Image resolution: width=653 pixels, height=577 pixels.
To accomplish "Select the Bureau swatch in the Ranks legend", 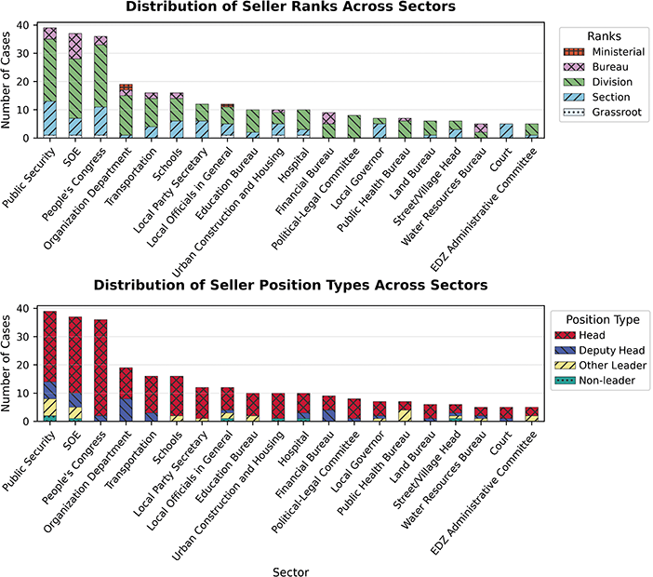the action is point(574,67).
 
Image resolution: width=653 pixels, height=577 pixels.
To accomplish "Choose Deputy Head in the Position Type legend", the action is point(600,350).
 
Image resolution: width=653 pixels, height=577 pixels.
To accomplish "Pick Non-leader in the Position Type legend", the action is point(594,381).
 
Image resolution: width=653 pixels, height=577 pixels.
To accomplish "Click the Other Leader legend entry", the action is point(601,366).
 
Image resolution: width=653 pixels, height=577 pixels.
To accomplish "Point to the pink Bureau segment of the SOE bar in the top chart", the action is point(75,47).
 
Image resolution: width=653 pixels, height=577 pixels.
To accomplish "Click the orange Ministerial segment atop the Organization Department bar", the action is point(127,87).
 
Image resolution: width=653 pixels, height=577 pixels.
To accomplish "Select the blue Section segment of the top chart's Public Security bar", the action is point(50,118).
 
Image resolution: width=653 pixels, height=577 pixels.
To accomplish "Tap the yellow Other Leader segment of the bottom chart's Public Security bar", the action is point(50,408).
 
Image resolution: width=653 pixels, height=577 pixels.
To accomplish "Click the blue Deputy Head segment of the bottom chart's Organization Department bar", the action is point(127,409).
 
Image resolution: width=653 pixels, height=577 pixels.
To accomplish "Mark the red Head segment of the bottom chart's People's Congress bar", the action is point(100,368).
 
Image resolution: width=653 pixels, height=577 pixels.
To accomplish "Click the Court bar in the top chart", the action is point(506,131).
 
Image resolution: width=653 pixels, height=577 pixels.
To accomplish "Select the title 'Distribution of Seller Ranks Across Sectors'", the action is point(290,7).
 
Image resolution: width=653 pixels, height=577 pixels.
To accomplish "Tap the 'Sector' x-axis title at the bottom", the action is point(290,572).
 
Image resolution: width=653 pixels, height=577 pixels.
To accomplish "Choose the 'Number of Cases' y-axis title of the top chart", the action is point(6,80).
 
